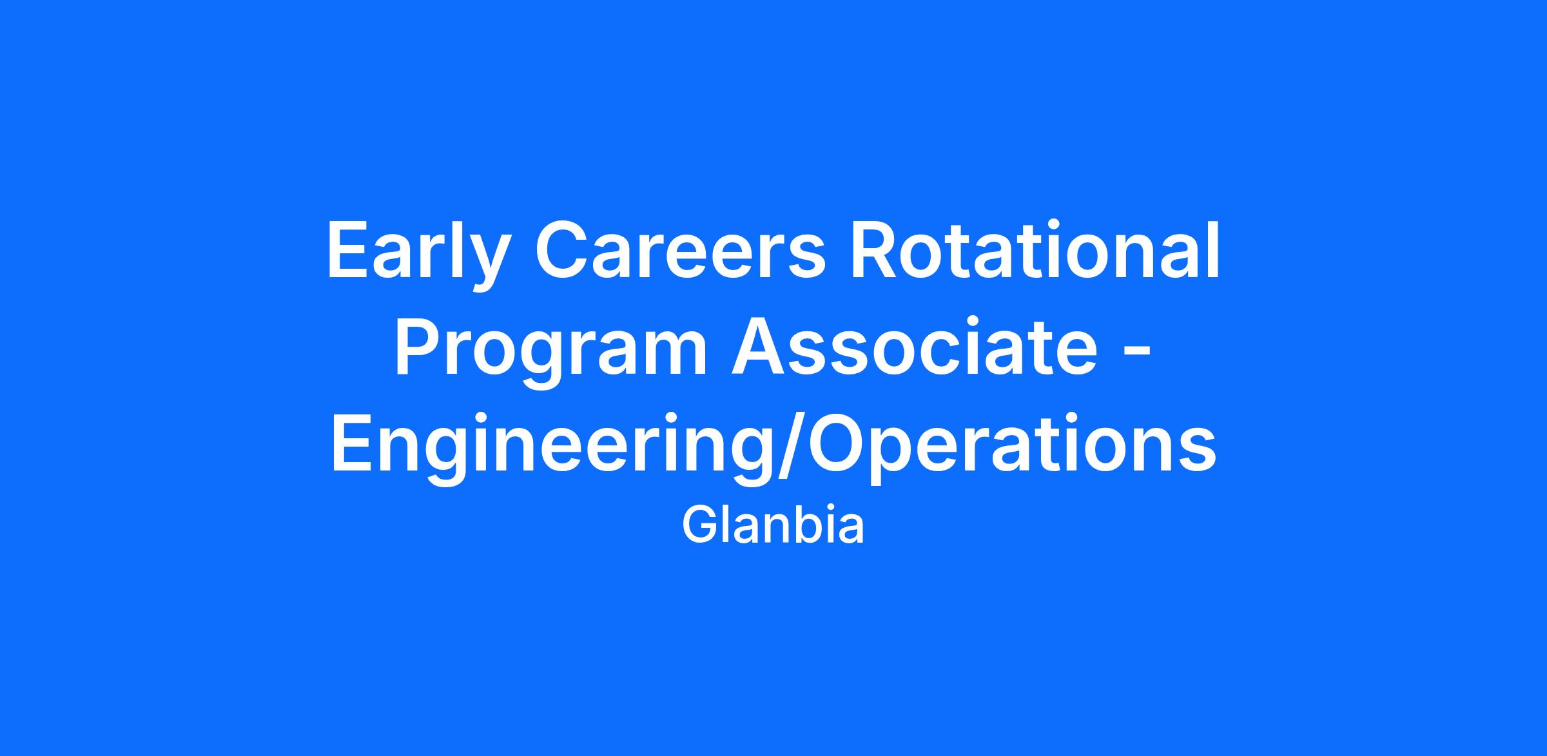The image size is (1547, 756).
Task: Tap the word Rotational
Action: [1036, 251]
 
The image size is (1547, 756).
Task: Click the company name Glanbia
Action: [773, 526]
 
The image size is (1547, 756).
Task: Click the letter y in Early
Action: [481, 265]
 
